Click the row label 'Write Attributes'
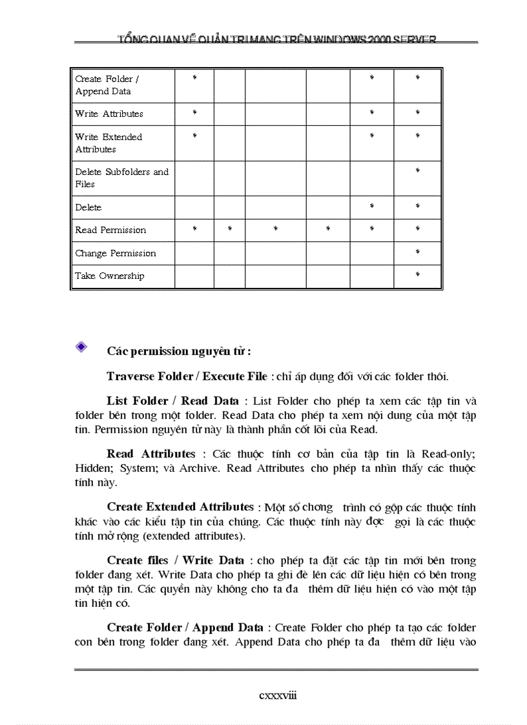[109, 114]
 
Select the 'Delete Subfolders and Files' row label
[121, 178]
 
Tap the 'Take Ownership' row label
[110, 276]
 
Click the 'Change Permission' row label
[116, 253]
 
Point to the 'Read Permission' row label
[110, 230]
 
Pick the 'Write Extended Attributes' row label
[108, 143]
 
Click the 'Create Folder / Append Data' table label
[107, 85]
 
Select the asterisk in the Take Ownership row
[417, 275]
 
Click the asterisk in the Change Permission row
[417, 252]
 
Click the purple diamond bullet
[81, 347]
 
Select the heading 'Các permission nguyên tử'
[179, 351]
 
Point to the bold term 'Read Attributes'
[151, 454]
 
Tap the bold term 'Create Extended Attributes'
[180, 507]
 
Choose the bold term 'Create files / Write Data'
[176, 560]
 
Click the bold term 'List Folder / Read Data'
[172, 401]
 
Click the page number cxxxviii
[278, 695]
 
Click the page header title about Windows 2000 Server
[276, 39]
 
